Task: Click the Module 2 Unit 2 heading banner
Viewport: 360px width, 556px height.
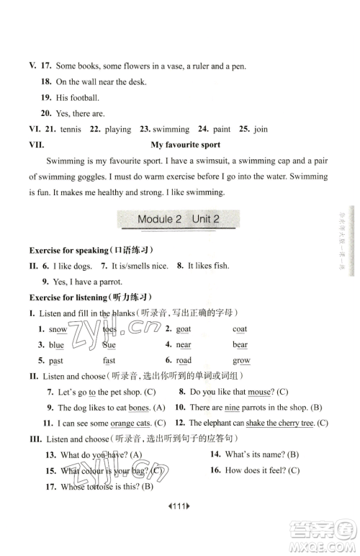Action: pos(179,219)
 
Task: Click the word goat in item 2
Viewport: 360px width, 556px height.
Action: pos(184,329)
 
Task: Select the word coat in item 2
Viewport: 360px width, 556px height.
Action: pos(240,329)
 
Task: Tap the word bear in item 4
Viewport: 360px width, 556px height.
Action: pos(240,345)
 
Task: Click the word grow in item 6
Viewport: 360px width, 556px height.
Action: pos(241,361)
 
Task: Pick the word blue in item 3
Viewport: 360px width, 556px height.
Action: pos(56,345)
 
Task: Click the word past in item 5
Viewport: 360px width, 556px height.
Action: pos(56,361)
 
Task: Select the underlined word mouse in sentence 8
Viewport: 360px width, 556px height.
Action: pos(260,393)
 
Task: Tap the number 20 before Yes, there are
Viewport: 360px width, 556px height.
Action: pos(45,113)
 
